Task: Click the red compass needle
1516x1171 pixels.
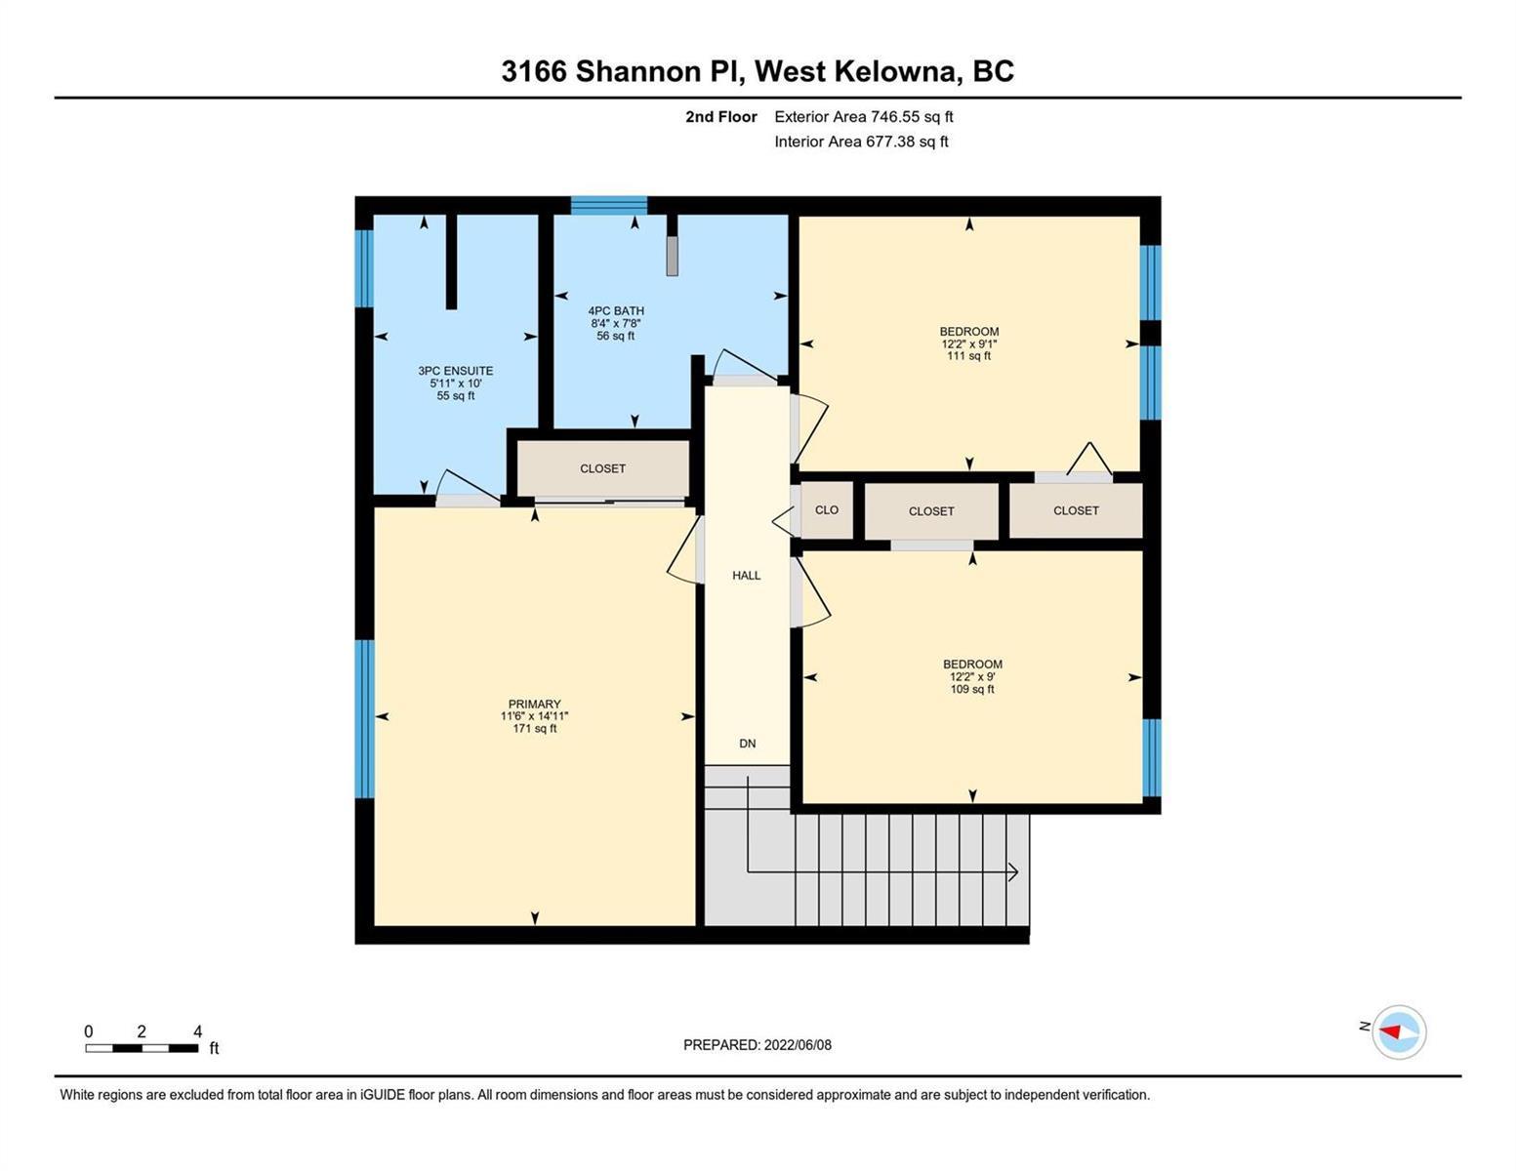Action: pyautogui.click(x=1390, y=1031)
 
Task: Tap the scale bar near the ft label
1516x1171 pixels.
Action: pyautogui.click(x=142, y=1048)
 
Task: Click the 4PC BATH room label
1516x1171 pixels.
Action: pyautogui.click(x=616, y=311)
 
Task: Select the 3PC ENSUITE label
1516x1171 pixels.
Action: pyautogui.click(x=456, y=371)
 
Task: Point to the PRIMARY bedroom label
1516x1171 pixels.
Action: pyautogui.click(x=534, y=705)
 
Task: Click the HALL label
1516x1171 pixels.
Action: pyautogui.click(x=747, y=576)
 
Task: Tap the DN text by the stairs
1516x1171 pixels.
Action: pyautogui.click(x=747, y=744)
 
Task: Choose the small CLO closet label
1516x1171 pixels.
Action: pyautogui.click(x=827, y=509)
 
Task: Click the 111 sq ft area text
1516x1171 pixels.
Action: pyautogui.click(x=969, y=356)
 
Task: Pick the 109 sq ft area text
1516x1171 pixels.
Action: pyautogui.click(x=972, y=689)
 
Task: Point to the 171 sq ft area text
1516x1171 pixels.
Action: pyautogui.click(x=534, y=729)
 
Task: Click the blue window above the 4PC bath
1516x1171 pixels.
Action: pyautogui.click(x=609, y=205)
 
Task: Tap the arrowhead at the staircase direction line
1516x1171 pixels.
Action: pyautogui.click(x=1013, y=871)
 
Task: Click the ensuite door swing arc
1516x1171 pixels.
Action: pyautogui.click(x=468, y=480)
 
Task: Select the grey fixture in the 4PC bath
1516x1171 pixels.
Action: pyautogui.click(x=672, y=256)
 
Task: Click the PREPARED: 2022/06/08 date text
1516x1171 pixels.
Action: pyautogui.click(x=758, y=1045)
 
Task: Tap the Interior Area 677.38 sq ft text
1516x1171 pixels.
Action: pyautogui.click(x=862, y=141)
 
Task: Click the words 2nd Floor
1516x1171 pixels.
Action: pyautogui.click(x=721, y=116)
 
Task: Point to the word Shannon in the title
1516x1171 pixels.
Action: pyautogui.click(x=637, y=71)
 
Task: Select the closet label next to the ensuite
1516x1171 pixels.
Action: pyautogui.click(x=602, y=468)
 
